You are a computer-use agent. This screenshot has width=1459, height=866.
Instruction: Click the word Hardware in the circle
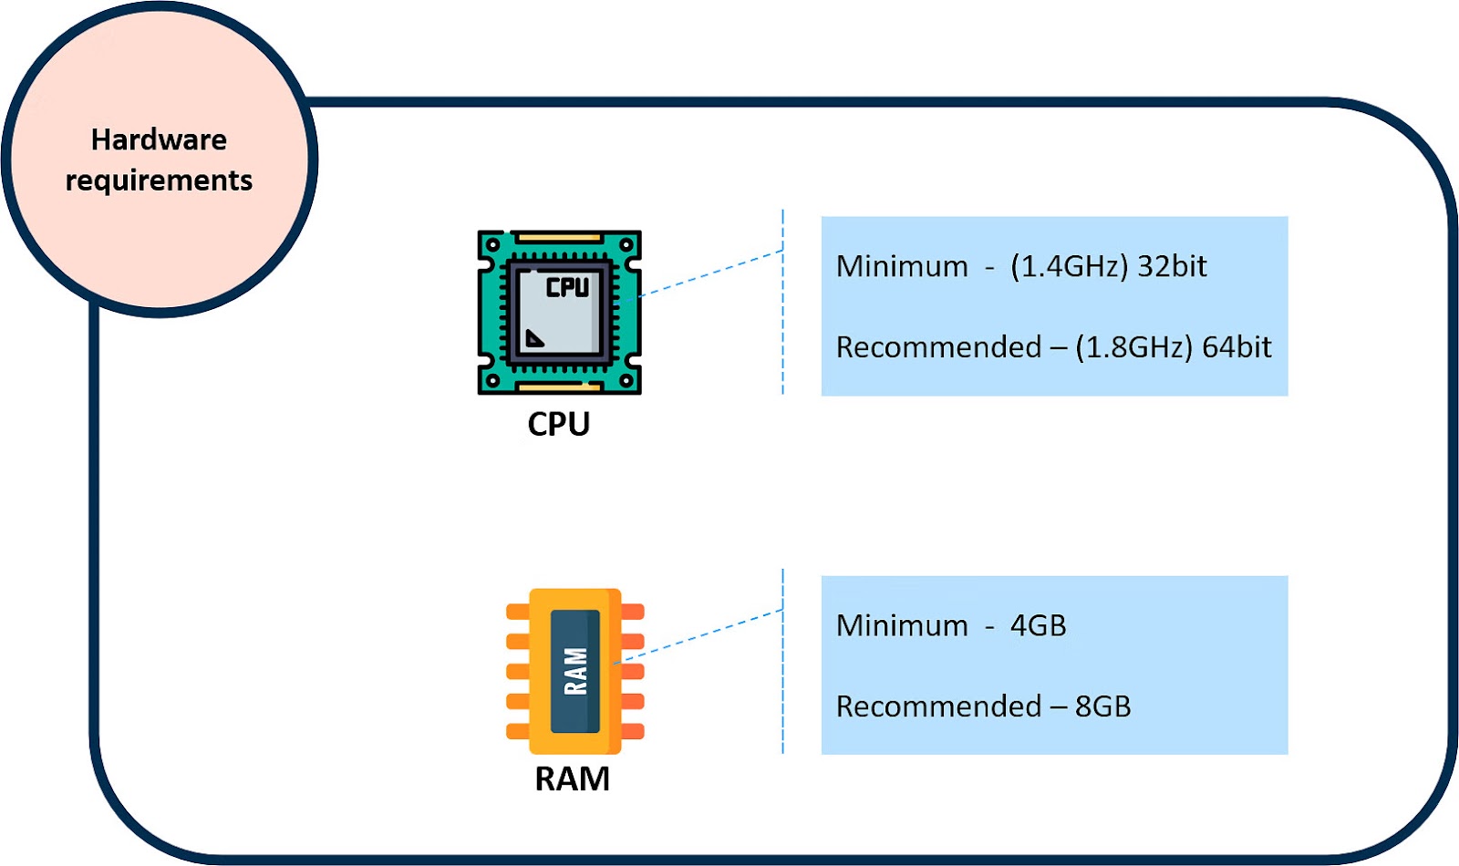[159, 139]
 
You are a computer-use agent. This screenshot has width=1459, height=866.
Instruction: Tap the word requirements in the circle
[159, 180]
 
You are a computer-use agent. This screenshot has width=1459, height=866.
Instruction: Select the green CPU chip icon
[559, 312]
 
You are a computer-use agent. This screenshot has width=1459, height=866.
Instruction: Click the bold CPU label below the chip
[558, 424]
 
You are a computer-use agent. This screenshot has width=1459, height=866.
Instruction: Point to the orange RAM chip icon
[575, 671]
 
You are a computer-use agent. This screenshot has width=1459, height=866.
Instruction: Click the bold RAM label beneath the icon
[572, 779]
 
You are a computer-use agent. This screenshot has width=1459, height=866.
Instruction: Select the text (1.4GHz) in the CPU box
[1069, 266]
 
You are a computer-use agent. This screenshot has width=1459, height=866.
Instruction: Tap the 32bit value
[1172, 266]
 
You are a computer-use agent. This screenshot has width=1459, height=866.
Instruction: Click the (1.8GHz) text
[1133, 347]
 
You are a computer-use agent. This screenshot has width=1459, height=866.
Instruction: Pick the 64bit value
[1237, 347]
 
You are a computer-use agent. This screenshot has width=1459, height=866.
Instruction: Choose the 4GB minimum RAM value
[1038, 625]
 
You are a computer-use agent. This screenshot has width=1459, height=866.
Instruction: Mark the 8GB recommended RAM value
[1102, 706]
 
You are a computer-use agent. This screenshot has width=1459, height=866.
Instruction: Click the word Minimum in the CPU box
[902, 266]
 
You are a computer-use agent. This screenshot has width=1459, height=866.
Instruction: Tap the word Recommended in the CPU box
[938, 347]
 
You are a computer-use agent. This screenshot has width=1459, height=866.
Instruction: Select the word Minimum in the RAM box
[902, 625]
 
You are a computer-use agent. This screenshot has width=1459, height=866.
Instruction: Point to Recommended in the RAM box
[938, 706]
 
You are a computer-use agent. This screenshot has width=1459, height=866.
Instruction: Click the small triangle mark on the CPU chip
[534, 338]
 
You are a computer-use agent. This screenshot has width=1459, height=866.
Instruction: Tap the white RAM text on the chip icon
[575, 671]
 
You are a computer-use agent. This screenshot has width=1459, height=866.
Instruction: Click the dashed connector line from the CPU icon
[711, 273]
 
